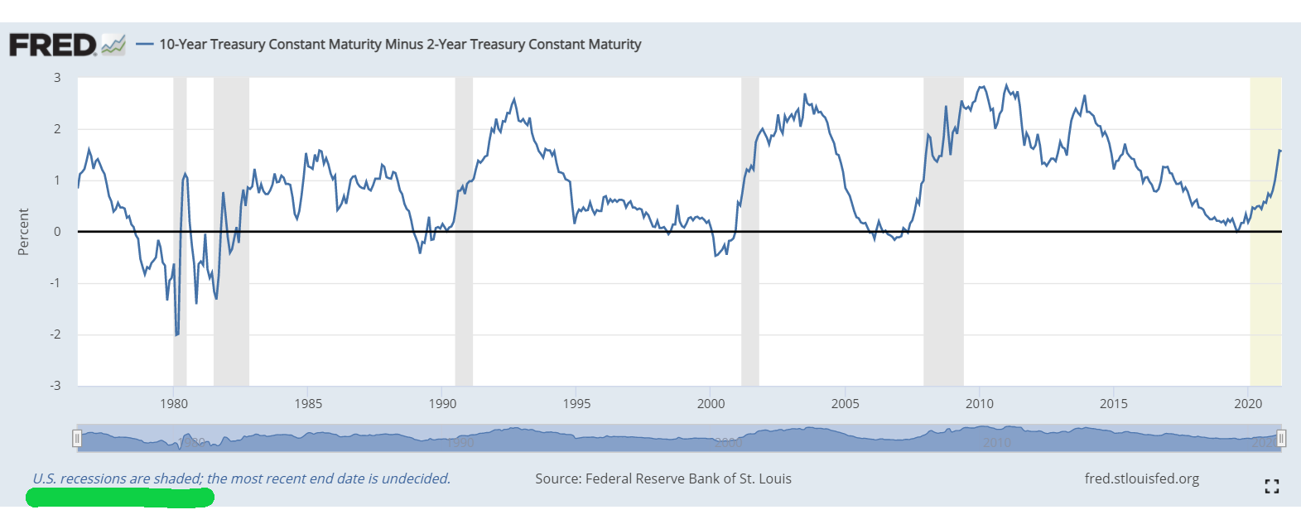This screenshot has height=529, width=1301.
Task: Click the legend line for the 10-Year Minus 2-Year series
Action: coord(144,45)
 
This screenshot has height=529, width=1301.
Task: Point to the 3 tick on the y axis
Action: coord(57,78)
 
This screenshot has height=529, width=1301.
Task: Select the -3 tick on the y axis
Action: coord(55,386)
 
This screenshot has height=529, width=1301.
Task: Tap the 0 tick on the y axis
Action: coord(57,232)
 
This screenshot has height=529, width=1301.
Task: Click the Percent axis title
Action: coord(23,232)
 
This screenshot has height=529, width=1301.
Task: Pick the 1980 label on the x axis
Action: coord(174,404)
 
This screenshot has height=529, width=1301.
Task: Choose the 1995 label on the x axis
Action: coord(576,404)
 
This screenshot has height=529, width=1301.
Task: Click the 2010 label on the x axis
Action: coord(979,404)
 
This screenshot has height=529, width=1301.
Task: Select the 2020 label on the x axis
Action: coord(1247,404)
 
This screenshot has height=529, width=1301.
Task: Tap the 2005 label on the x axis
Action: coord(845,404)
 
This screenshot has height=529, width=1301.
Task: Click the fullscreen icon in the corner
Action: coord(1272,487)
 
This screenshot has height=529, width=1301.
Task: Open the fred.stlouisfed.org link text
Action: coord(1141,479)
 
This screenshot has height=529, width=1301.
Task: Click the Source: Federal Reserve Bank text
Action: coord(663,479)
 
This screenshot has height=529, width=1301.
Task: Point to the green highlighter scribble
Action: coord(120,498)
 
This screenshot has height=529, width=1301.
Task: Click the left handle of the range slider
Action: coord(77,438)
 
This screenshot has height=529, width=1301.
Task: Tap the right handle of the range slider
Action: coord(1281,438)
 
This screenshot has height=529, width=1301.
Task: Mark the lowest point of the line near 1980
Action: coord(176,335)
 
